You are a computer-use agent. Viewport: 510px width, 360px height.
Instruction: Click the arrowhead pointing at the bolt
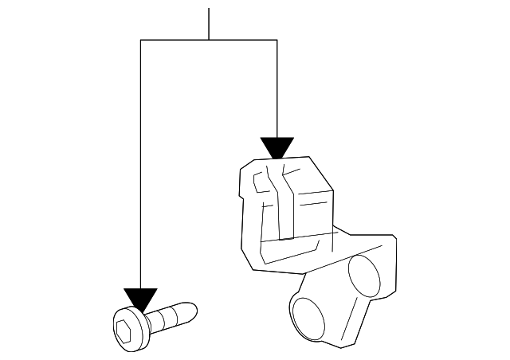[x=140, y=299]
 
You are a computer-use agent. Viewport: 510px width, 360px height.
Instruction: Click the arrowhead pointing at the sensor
[x=277, y=147]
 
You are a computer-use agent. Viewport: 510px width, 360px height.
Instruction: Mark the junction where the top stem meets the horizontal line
[x=209, y=38]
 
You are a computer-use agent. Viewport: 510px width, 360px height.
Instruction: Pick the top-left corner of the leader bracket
[x=140, y=38]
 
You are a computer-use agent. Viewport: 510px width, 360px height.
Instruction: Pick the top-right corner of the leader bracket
[x=277, y=38]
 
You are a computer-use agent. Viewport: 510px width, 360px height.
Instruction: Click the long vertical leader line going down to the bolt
[x=140, y=159]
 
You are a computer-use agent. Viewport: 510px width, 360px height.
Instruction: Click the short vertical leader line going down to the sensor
[x=277, y=88]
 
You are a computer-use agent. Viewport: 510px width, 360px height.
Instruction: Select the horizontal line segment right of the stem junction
[x=243, y=38]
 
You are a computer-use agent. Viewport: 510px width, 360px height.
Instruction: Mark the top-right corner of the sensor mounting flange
[x=393, y=236]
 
